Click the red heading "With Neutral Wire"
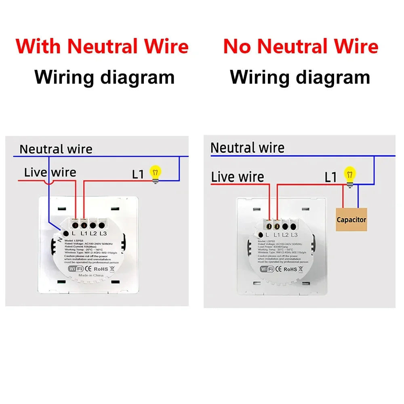[x=102, y=46]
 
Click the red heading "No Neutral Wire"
[x=301, y=46]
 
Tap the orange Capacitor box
[x=351, y=219]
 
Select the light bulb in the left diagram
[x=155, y=173]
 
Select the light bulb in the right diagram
[x=350, y=175]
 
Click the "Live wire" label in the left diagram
[x=50, y=173]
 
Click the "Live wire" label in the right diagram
[x=238, y=177]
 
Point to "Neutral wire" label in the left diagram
[x=56, y=149]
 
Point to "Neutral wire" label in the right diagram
[x=247, y=148]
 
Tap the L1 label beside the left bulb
[x=138, y=175]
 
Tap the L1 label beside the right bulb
[x=331, y=177]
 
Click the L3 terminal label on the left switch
[x=103, y=233]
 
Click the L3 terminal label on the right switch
[x=294, y=235]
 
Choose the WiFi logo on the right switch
[x=267, y=269]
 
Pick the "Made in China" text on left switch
[x=91, y=275]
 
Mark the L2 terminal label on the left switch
[x=93, y=233]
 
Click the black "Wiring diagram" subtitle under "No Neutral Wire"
[x=300, y=77]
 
